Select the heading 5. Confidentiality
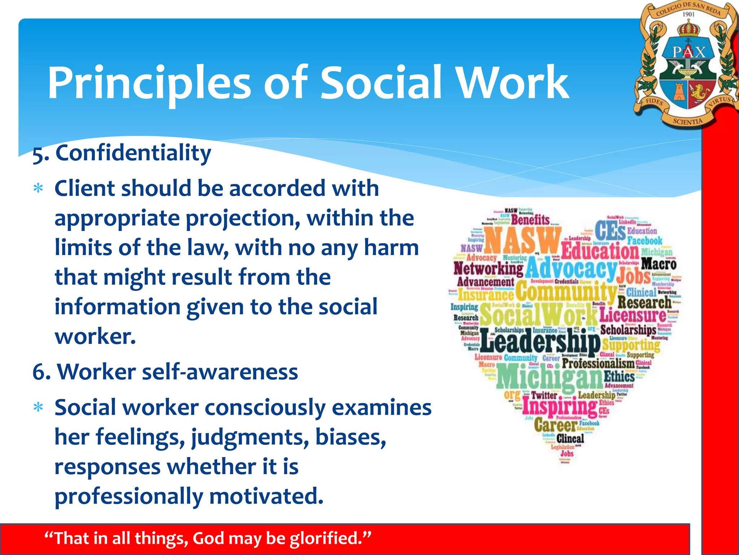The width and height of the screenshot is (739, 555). (122, 153)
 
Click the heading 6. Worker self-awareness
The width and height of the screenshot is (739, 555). (165, 372)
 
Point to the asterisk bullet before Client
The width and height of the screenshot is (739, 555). (38, 189)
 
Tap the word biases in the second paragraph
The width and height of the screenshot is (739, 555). (350, 437)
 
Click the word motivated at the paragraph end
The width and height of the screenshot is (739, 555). (266, 496)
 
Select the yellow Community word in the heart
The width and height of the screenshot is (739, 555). (566, 292)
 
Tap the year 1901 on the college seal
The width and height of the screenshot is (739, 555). (688, 14)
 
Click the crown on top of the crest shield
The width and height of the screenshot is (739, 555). (688, 28)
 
